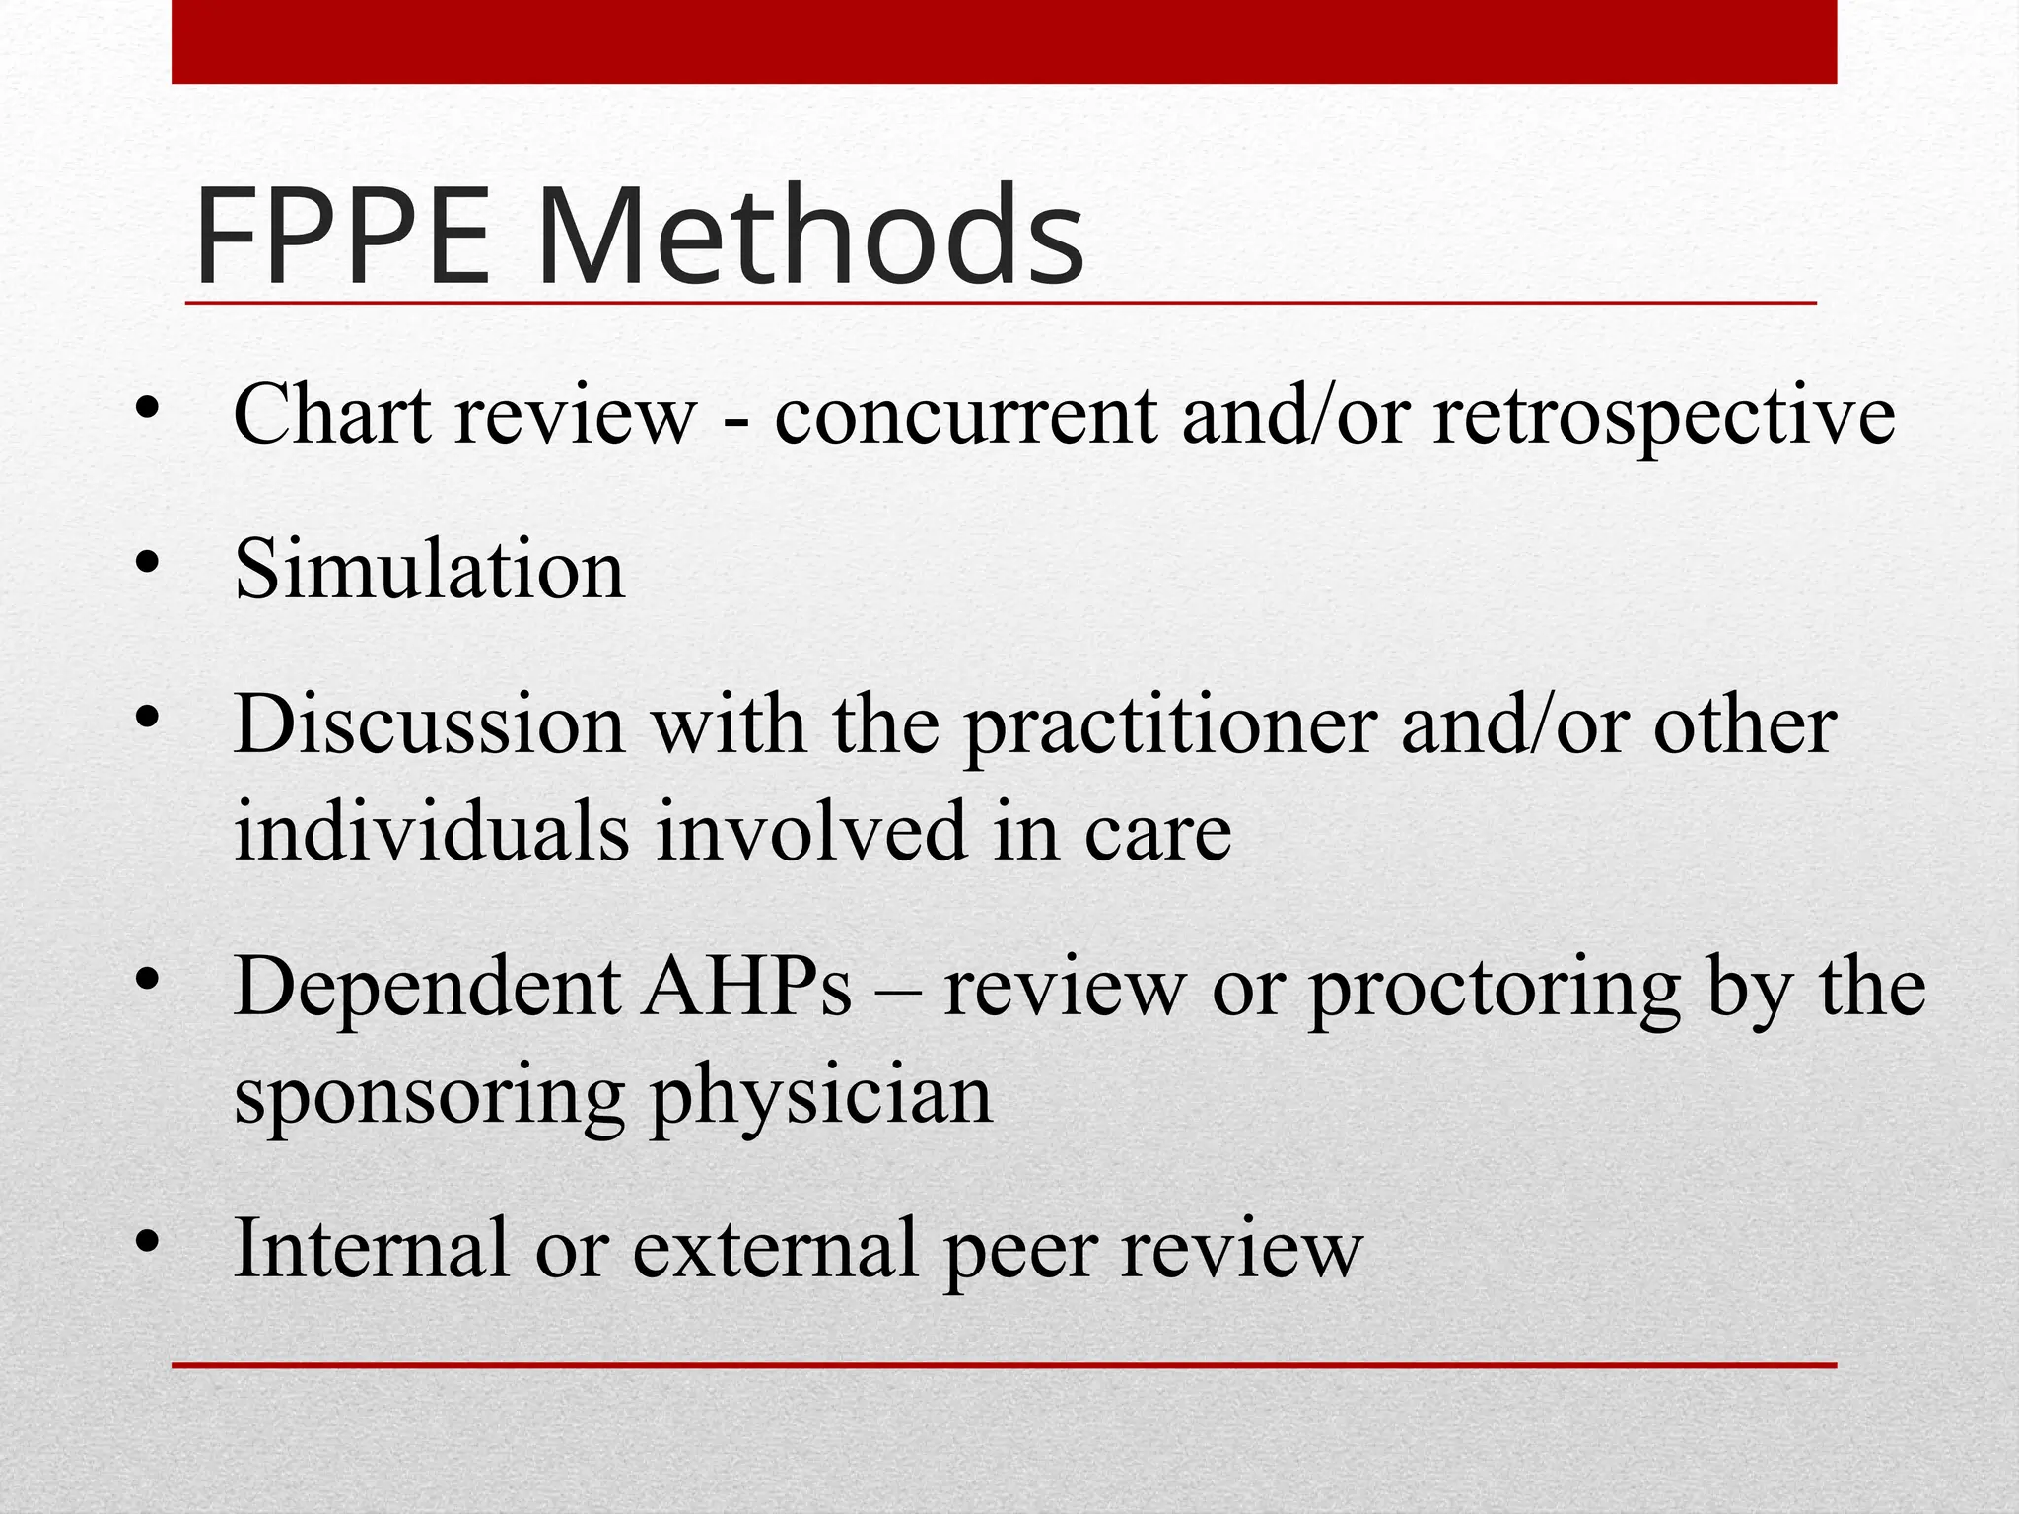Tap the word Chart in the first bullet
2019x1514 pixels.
pos(332,414)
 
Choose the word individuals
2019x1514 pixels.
pos(432,830)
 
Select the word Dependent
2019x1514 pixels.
pos(428,989)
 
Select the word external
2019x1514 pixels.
pos(775,1247)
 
